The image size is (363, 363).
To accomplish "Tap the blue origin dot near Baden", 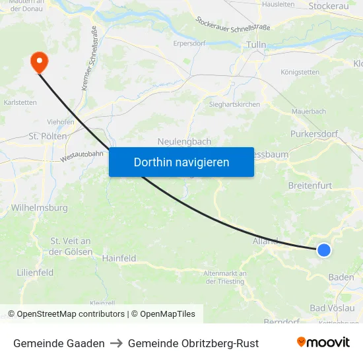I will coord(323,249).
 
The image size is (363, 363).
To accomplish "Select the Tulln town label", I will coord(255,45).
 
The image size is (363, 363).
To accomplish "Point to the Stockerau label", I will coord(328,6).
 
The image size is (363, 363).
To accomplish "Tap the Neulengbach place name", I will coord(184,142).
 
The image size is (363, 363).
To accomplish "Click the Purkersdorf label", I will coord(314,134).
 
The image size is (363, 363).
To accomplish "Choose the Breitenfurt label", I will coord(310,185).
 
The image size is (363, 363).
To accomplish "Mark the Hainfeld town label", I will coord(119,259).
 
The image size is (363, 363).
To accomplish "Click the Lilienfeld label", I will coord(35,273).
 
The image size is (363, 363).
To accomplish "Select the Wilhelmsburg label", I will coord(40,208).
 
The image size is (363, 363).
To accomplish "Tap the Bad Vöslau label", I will coord(332,308).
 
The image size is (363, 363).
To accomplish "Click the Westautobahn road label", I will coord(82,156).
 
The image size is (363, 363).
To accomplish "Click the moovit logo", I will coord(323,343).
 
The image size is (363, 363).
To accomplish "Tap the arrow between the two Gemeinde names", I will coord(116,343).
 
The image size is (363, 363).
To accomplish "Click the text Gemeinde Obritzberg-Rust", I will coord(193,343).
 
